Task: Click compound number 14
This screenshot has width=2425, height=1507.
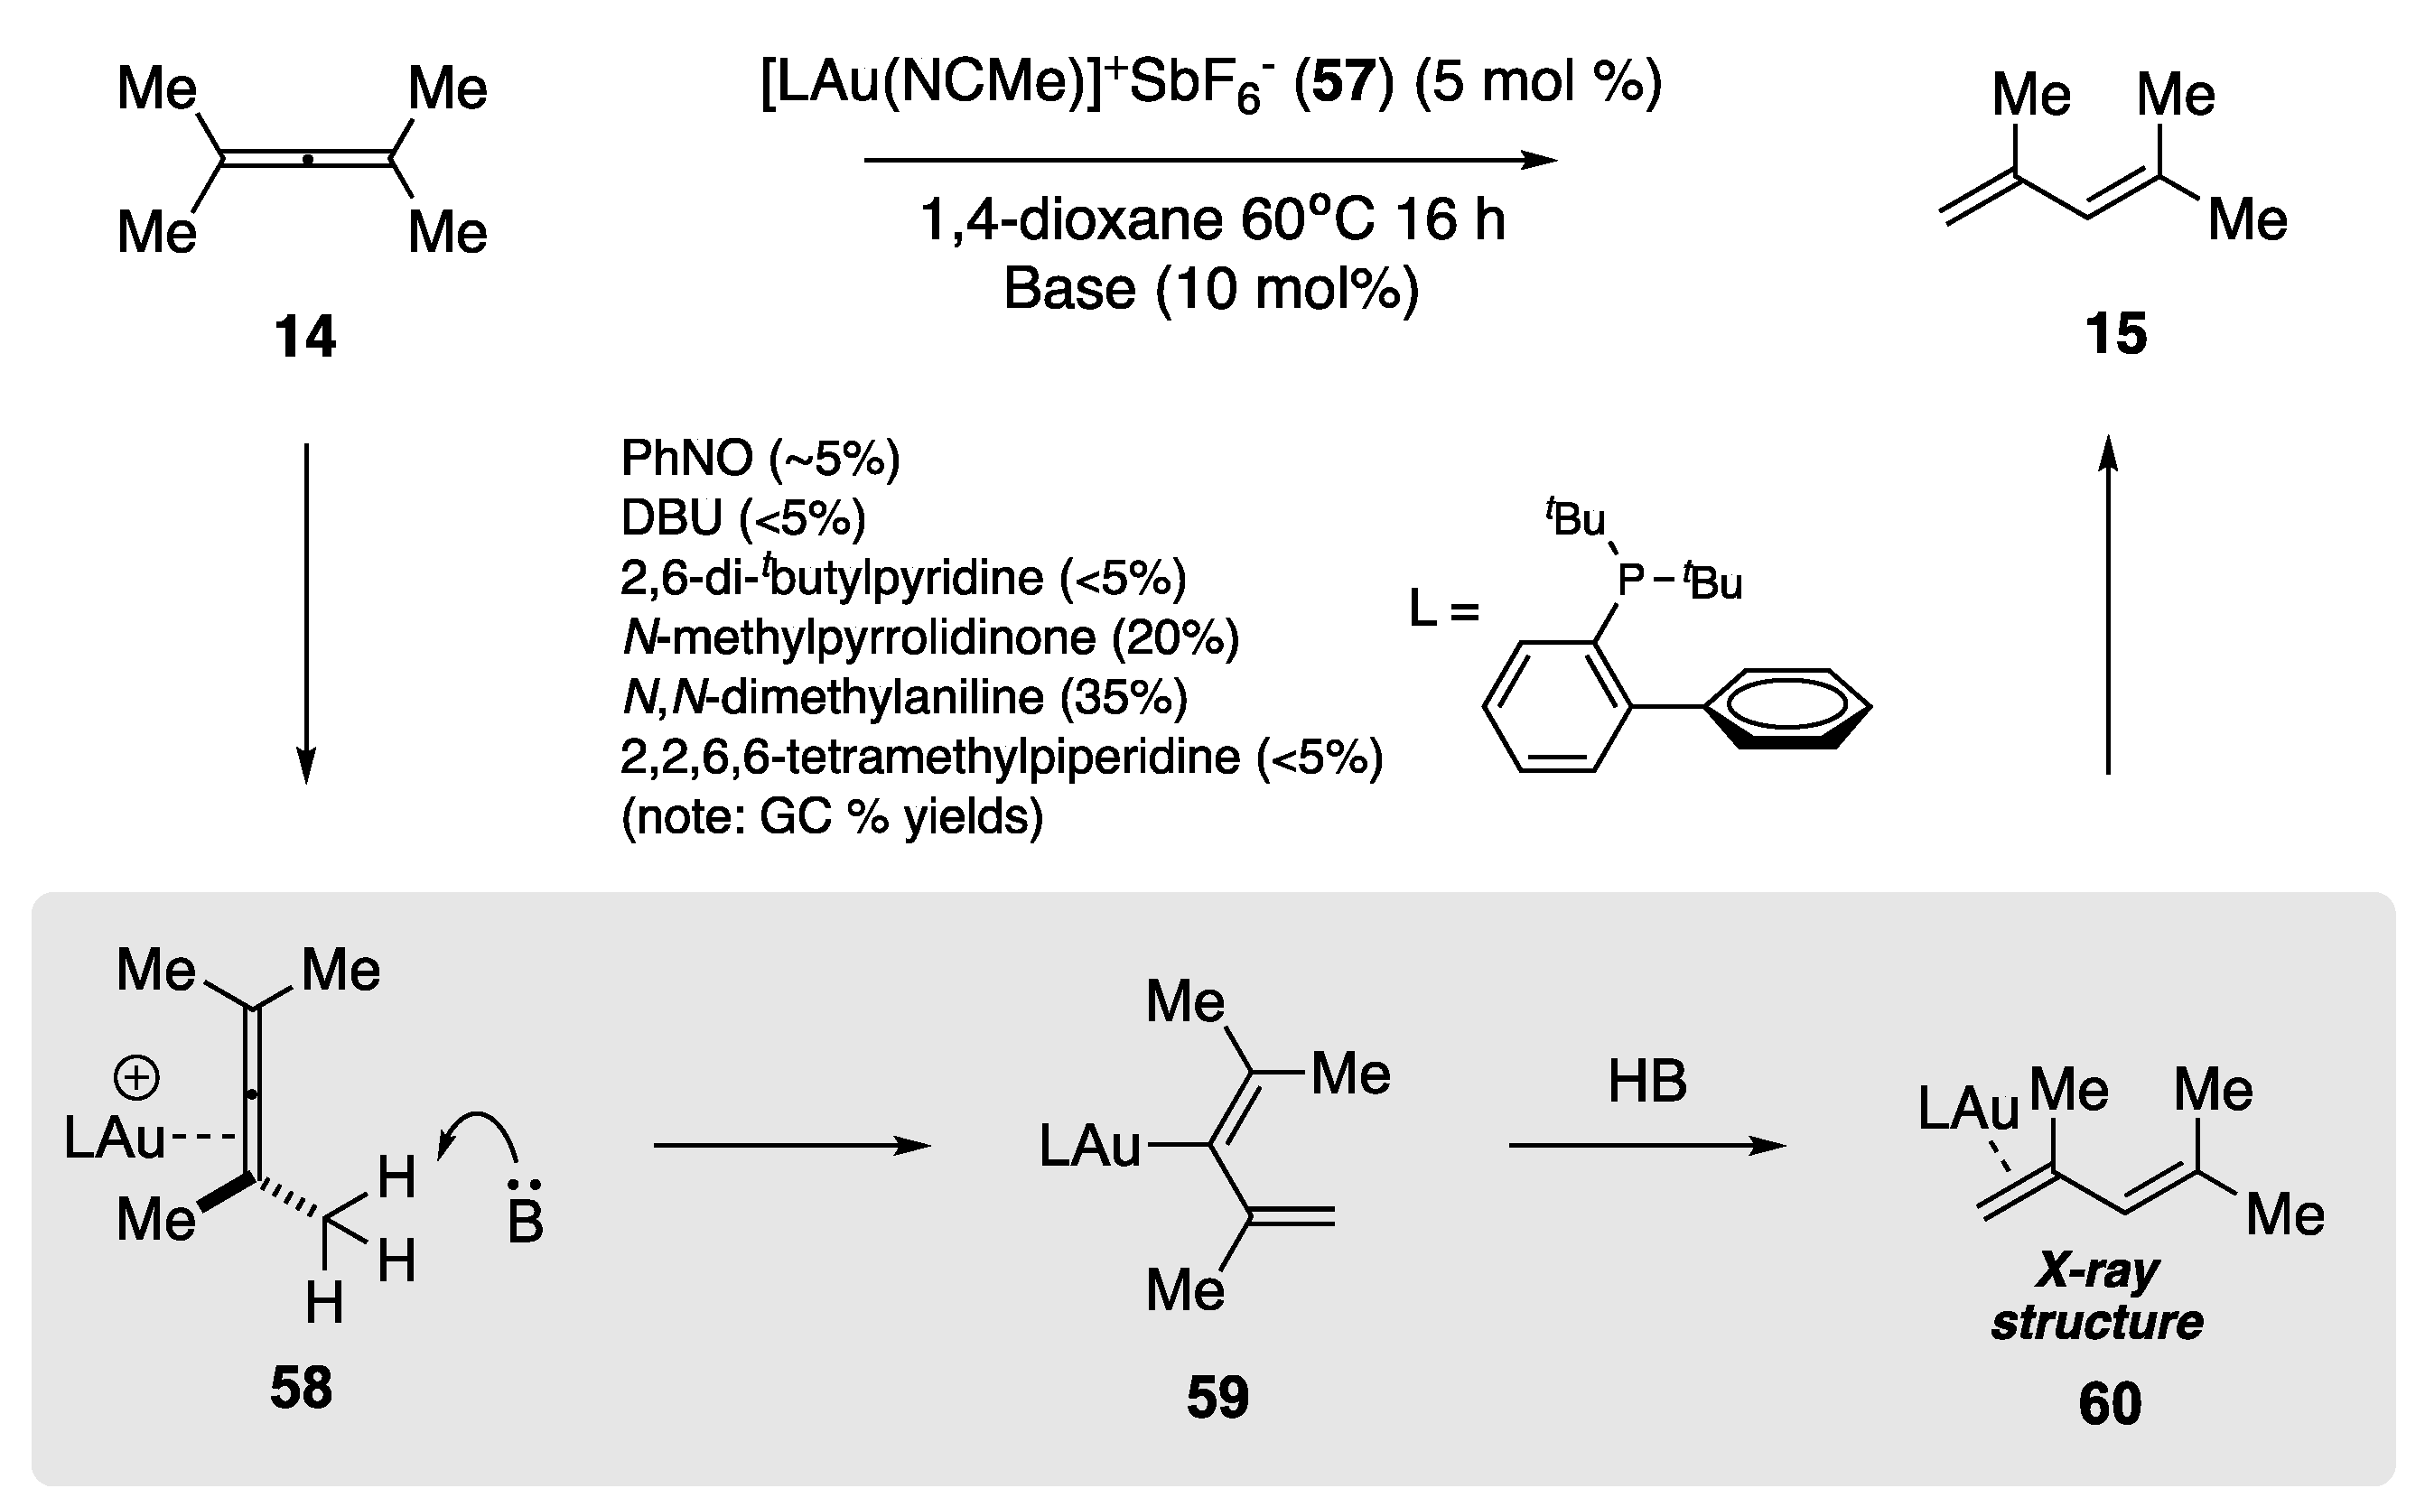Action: (305, 336)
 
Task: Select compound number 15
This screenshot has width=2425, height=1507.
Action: (2115, 333)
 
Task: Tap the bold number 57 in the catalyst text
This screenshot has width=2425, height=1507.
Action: (1343, 82)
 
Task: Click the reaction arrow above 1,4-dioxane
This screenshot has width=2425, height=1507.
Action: (1209, 160)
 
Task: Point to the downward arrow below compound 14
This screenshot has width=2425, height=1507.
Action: (306, 613)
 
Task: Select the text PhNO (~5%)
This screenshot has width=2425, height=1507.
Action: (760, 459)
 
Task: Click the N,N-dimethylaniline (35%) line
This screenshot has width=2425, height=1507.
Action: (904, 697)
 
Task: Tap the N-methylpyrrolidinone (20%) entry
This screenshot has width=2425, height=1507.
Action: (929, 637)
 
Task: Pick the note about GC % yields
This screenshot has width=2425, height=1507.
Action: (831, 816)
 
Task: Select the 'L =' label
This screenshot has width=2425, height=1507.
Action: (1442, 608)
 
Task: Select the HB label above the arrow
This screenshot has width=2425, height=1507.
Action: (1646, 1082)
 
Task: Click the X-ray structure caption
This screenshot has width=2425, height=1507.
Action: (2097, 1297)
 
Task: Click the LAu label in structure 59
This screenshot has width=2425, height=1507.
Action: (1089, 1145)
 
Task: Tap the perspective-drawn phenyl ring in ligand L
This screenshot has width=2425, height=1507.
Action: (1787, 708)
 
